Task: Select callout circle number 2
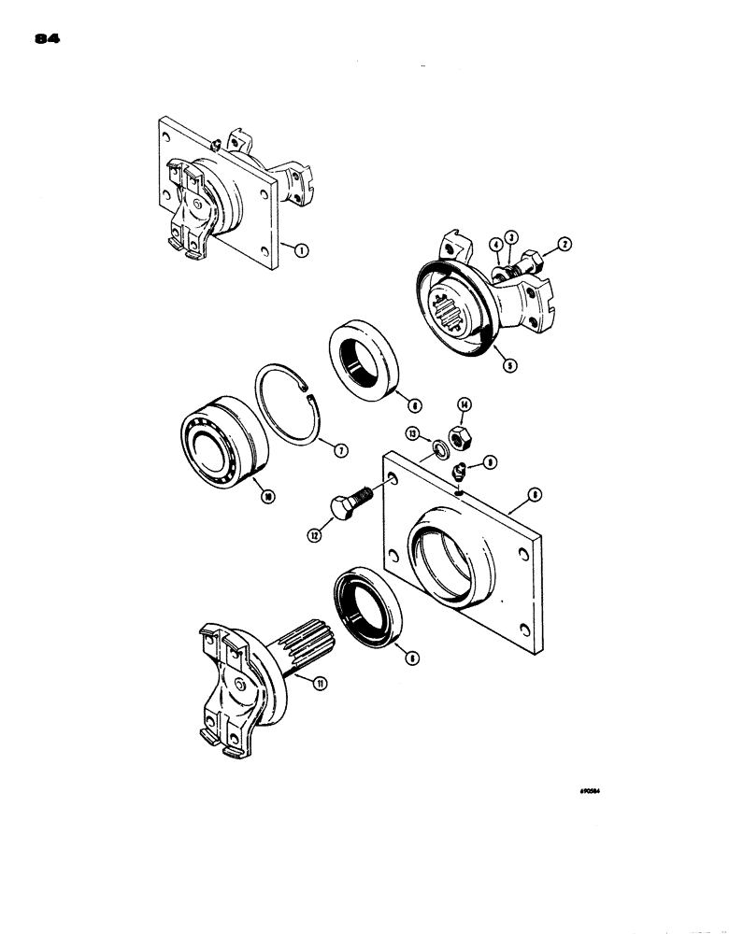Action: point(565,244)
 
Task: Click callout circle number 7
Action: point(342,450)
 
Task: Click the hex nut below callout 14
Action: point(459,434)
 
